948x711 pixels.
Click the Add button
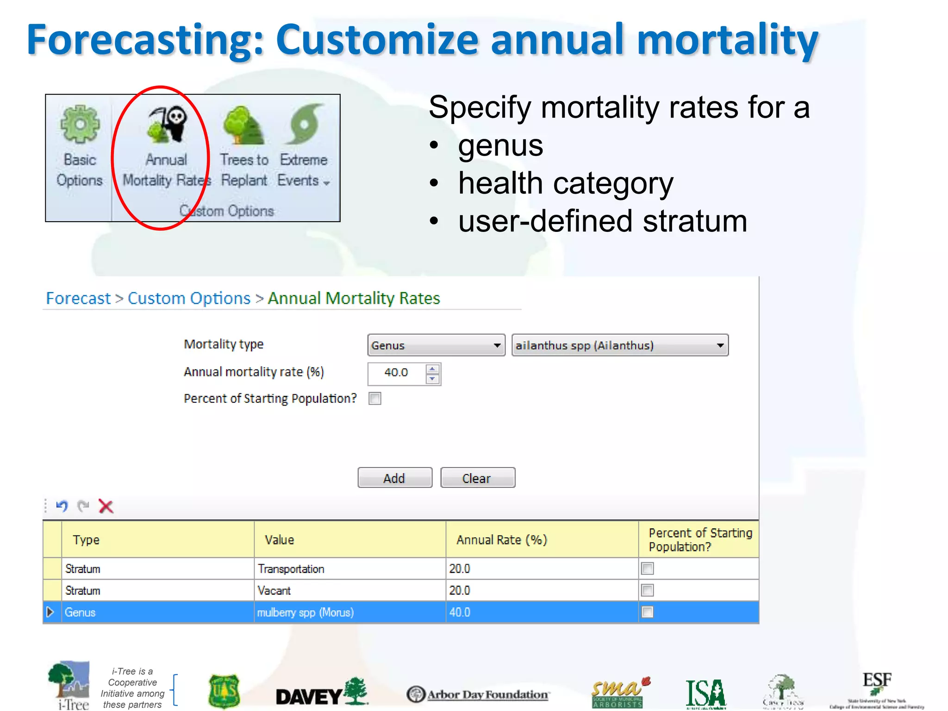click(394, 478)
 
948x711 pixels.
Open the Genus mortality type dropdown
click(436, 345)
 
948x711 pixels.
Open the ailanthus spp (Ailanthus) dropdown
click(619, 345)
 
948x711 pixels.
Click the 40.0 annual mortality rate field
click(396, 373)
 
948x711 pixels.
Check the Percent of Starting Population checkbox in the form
click(375, 399)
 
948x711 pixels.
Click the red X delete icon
click(106, 506)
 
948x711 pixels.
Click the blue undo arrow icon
click(62, 506)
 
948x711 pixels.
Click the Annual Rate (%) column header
click(502, 540)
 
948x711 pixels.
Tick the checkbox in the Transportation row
click(647, 568)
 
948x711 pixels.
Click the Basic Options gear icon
click(80, 124)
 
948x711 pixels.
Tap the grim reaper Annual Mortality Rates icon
click(167, 124)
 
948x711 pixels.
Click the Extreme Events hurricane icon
click(304, 124)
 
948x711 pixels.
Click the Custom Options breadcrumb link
click(189, 299)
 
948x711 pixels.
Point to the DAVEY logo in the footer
click(321, 693)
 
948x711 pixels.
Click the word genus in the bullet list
click(500, 146)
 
